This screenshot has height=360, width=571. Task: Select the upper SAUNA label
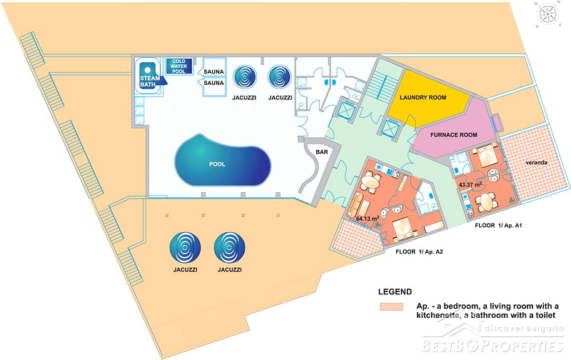214,72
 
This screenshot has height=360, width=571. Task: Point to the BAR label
313,151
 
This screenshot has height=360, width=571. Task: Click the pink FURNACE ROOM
453,134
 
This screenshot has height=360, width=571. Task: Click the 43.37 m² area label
470,185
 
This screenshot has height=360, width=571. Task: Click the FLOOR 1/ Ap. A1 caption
500,225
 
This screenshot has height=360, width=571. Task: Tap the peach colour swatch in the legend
391,307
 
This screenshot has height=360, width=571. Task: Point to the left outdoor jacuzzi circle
185,248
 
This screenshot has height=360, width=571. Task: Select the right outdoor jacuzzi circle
229,248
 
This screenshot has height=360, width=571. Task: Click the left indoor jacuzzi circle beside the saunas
245,76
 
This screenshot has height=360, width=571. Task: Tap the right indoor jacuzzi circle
279,76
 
